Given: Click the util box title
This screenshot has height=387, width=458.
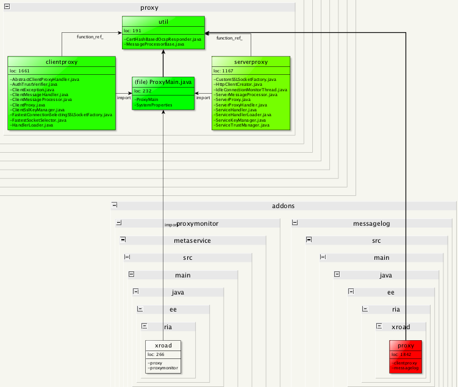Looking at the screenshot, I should point(163,22).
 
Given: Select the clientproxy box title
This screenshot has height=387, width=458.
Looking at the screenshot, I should point(62,62).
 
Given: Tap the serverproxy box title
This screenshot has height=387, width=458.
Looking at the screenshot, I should point(251,62).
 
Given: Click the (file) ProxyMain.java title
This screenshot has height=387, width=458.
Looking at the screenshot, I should point(163,82).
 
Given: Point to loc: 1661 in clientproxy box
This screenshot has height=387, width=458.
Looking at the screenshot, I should point(20,71).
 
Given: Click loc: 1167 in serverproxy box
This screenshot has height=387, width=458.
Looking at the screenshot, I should point(224,71).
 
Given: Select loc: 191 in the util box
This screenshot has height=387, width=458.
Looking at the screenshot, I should point(132,30).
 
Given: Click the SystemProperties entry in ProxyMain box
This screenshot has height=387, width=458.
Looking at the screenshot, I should point(154,105).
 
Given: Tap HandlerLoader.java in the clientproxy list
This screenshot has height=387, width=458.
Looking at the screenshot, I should point(36,125).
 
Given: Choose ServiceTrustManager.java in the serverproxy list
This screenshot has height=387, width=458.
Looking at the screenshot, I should point(242,125).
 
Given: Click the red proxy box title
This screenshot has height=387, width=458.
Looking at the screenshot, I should point(406,346).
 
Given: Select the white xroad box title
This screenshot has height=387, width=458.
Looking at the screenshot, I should point(164,346).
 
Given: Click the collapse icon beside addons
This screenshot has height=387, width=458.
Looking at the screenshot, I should point(114,206).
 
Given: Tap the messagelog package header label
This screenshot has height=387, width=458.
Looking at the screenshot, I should point(371,223).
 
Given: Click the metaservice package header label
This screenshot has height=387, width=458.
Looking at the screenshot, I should point(192,240).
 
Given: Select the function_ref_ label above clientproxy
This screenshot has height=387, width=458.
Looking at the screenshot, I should point(90,37).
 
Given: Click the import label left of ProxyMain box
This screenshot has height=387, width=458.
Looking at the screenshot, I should point(124,97).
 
